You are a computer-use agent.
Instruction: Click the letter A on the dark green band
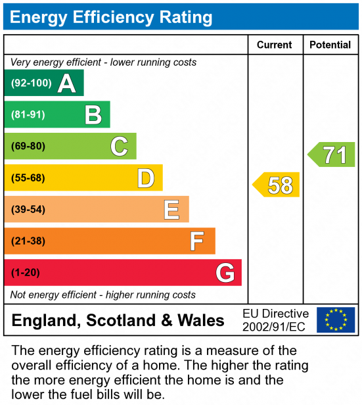(x=67, y=83)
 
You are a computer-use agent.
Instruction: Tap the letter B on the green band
(x=93, y=114)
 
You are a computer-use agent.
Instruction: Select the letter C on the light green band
(x=119, y=146)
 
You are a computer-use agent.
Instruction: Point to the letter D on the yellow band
(x=146, y=178)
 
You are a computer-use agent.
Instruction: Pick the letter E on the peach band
(x=171, y=210)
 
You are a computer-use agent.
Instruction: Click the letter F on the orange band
(x=197, y=241)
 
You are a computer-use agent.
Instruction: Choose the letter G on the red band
(x=225, y=273)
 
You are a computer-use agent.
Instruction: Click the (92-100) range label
(x=32, y=83)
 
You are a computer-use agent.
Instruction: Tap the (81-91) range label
(x=28, y=114)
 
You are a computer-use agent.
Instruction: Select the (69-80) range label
(x=28, y=146)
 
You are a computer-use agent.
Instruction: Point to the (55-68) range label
(x=28, y=178)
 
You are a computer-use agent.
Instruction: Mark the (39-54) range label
(x=28, y=210)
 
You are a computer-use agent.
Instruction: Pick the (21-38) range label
(x=28, y=241)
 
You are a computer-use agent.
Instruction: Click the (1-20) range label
(x=25, y=273)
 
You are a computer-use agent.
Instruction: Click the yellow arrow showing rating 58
(x=276, y=185)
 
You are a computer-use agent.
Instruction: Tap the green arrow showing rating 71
(x=331, y=155)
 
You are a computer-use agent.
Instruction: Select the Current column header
(x=275, y=45)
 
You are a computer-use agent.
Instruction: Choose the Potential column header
(x=330, y=45)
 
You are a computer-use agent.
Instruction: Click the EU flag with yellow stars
(x=336, y=320)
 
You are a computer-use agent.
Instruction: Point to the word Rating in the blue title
(x=186, y=17)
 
